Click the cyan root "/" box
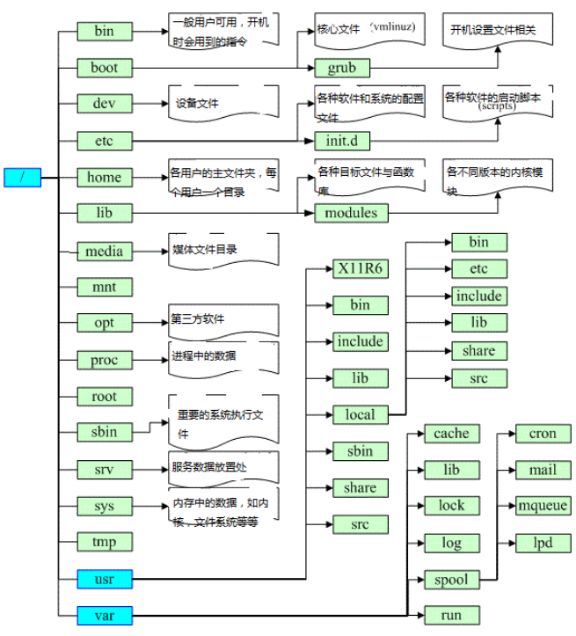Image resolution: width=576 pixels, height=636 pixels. [22, 177]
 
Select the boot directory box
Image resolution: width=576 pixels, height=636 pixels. [104, 68]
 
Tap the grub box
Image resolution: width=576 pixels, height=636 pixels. [342, 68]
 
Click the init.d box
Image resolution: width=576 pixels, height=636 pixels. [342, 141]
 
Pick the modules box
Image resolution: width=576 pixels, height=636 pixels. [351, 213]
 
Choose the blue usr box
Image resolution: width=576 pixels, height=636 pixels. [104, 579]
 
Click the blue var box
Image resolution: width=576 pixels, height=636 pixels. [104, 615]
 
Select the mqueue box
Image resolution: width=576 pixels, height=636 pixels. [543, 506]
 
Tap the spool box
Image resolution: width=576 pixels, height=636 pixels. [451, 580]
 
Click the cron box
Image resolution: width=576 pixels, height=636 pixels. [543, 434]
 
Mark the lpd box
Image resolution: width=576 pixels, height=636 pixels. [543, 543]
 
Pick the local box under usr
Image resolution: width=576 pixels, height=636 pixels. [360, 414]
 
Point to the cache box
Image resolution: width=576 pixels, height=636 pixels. [451, 434]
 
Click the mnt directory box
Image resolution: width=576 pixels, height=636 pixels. [104, 287]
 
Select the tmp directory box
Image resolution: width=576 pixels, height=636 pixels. [104, 542]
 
